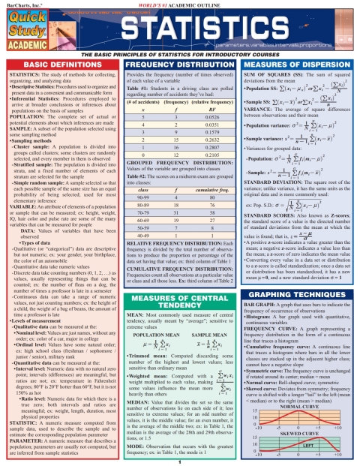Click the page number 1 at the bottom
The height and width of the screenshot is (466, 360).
click(x=180, y=462)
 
